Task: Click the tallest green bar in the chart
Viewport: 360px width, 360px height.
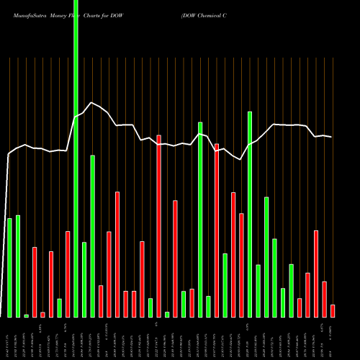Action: (76, 158)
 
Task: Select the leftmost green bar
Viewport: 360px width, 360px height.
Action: (9, 267)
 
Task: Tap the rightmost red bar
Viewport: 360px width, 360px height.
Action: (333, 310)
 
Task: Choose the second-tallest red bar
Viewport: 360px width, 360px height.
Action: (217, 230)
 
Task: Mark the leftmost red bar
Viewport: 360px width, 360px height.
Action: (35, 282)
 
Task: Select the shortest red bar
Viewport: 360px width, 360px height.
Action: (42, 314)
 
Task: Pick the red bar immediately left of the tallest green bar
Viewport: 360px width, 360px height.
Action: (68, 274)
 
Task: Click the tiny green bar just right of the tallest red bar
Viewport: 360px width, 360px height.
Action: (167, 314)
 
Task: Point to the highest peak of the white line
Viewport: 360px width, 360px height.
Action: (90, 102)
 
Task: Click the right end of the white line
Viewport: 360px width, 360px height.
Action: (332, 137)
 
